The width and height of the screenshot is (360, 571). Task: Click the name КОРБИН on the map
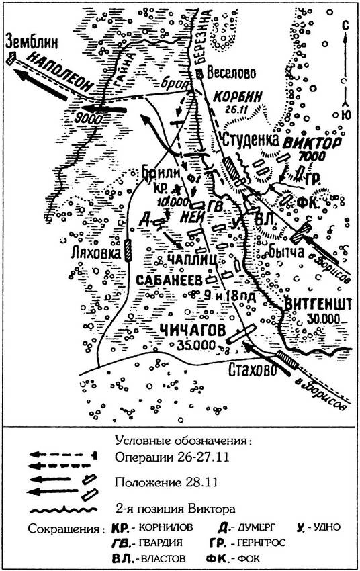pyautogui.click(x=236, y=96)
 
